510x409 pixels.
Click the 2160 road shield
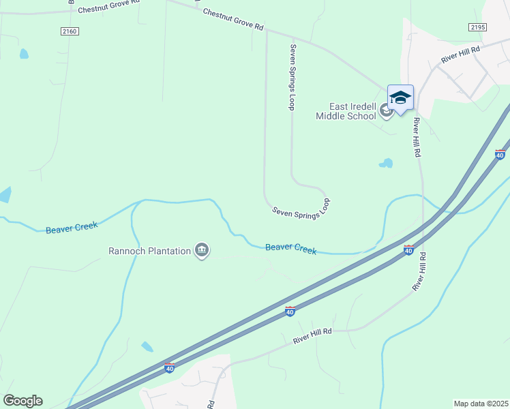[70, 31]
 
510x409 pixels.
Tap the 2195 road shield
[477, 27]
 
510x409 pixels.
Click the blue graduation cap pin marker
[400, 97]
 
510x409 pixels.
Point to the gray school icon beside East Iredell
[386, 110]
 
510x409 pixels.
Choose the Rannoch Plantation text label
[149, 251]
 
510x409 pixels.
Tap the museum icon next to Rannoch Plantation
[202, 251]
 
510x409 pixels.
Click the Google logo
[22, 401]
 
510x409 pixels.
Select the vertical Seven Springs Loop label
[292, 77]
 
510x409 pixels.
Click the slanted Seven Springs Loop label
[301, 208]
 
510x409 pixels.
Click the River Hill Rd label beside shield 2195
[460, 55]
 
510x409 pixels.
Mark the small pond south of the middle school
[386, 164]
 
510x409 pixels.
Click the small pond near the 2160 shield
[25, 53]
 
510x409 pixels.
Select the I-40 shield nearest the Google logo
[169, 368]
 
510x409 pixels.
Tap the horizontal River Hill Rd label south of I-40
[312, 335]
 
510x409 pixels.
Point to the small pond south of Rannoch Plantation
[147, 347]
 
